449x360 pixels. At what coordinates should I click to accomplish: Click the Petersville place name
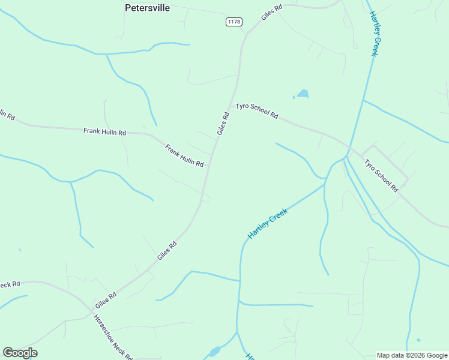click(147, 8)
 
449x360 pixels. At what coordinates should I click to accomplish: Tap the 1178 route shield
click(234, 22)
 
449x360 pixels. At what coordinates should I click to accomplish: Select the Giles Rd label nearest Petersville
click(271, 11)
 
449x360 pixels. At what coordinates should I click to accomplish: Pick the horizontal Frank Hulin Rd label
click(104, 131)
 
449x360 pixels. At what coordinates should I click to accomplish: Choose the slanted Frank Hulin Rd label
click(184, 155)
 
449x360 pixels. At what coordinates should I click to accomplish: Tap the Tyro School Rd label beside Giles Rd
click(257, 110)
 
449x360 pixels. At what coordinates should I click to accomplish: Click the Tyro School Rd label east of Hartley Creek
click(381, 175)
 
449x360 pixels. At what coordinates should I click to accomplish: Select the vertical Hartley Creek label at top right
click(373, 34)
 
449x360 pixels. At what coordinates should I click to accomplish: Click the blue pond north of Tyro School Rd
click(303, 94)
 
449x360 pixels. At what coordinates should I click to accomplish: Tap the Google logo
click(20, 353)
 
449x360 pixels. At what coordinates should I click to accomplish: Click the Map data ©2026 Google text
click(412, 355)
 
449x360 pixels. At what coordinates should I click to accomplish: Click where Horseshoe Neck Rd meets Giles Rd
click(91, 311)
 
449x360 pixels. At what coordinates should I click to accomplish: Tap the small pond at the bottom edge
click(214, 352)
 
